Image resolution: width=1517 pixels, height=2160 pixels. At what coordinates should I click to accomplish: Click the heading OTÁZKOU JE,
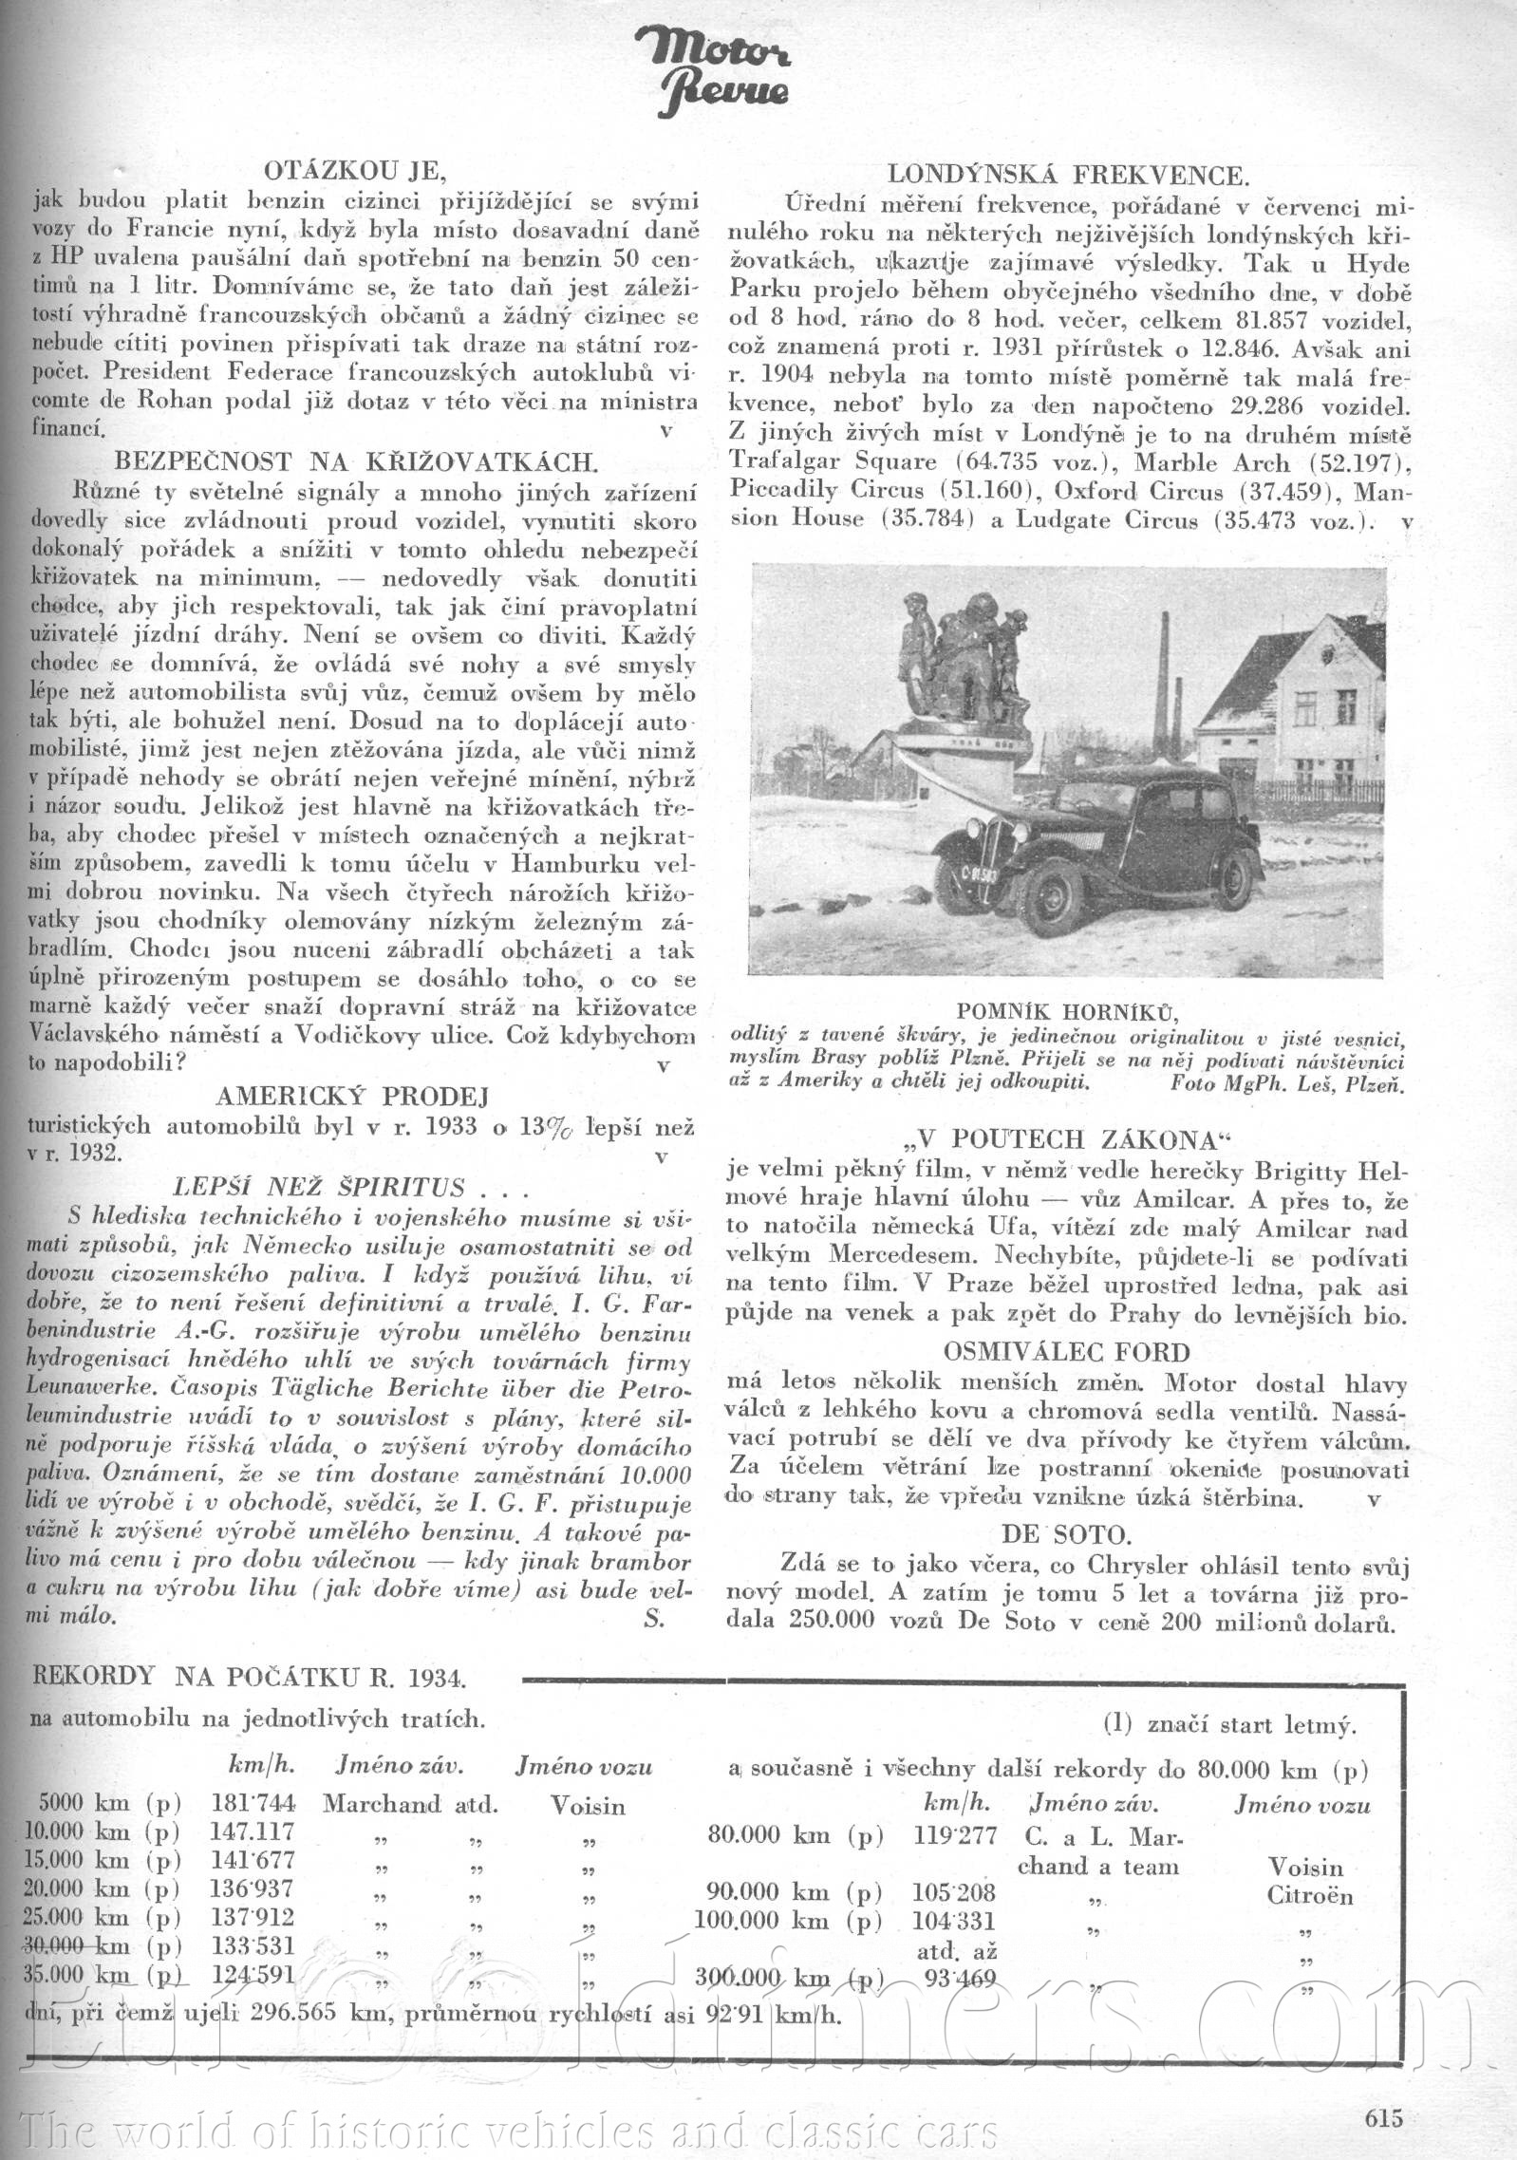coord(352,172)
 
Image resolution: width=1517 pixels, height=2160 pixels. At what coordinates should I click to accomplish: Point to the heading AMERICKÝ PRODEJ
coord(352,1098)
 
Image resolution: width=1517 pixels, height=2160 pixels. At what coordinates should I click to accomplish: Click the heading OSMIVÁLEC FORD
coord(1065,1351)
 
